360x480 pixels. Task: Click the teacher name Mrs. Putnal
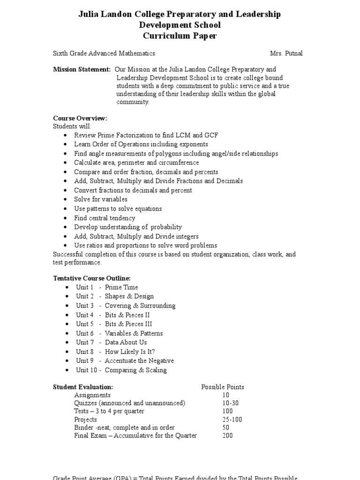[x=286, y=53]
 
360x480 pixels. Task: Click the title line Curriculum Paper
[x=180, y=36]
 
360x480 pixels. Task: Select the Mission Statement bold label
[x=82, y=69]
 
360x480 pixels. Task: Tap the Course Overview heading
[x=80, y=118]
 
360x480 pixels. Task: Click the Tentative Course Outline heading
[x=92, y=278]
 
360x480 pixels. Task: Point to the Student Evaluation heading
[x=83, y=387]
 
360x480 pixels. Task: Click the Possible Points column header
[x=223, y=387]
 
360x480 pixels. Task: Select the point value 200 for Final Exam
[x=228, y=435]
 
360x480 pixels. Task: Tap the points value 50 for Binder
[x=226, y=427]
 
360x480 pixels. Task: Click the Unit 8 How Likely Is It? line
[x=115, y=352]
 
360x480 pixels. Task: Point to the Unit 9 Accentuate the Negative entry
[x=125, y=361]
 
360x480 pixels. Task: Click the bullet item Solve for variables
[x=101, y=200]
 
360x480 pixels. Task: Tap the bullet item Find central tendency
[x=105, y=218]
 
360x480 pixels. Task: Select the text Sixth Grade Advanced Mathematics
[x=104, y=53]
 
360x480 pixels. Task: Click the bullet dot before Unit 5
[x=67, y=324]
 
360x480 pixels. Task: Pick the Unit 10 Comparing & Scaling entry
[x=121, y=370]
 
